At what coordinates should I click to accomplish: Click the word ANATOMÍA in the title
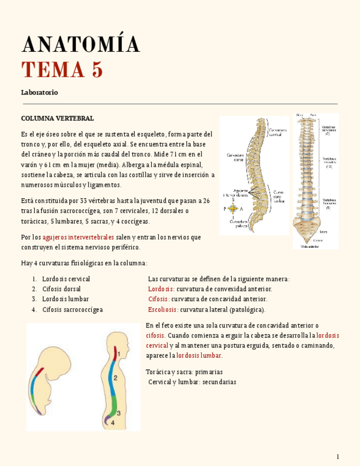80,45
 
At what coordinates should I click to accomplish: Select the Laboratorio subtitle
40,92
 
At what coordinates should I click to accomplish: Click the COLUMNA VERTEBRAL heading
57,118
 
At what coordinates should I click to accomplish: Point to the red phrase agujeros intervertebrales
79,237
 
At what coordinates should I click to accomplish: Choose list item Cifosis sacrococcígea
72,309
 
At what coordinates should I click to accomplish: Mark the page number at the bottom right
338,457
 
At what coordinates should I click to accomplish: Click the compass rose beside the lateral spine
234,209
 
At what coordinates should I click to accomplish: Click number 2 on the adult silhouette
115,378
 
